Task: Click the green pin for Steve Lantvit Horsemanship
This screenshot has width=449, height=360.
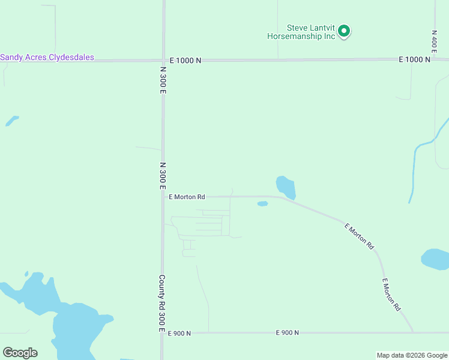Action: (x=344, y=31)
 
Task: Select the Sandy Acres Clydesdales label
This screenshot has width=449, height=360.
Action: (x=47, y=58)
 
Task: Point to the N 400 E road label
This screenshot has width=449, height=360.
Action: (x=433, y=41)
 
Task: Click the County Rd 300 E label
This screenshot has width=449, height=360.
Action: (x=161, y=303)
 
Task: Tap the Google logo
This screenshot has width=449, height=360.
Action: (x=20, y=352)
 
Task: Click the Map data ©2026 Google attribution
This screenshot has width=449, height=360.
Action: (x=412, y=355)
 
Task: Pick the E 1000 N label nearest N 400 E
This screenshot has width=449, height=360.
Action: (x=415, y=59)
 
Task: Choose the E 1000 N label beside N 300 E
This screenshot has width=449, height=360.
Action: (x=185, y=60)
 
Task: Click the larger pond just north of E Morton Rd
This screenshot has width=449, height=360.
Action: (x=286, y=187)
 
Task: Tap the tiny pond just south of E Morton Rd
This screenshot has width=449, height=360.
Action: (x=262, y=203)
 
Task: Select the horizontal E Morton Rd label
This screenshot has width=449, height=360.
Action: (x=187, y=196)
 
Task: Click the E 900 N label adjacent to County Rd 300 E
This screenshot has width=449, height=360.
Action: (x=179, y=333)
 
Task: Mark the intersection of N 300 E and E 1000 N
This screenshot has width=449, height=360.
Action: (x=163, y=60)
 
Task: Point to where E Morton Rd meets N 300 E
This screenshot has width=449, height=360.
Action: (x=163, y=196)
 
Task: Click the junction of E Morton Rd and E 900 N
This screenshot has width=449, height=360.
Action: (x=413, y=332)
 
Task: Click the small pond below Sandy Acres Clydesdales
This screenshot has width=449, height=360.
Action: (x=11, y=121)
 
